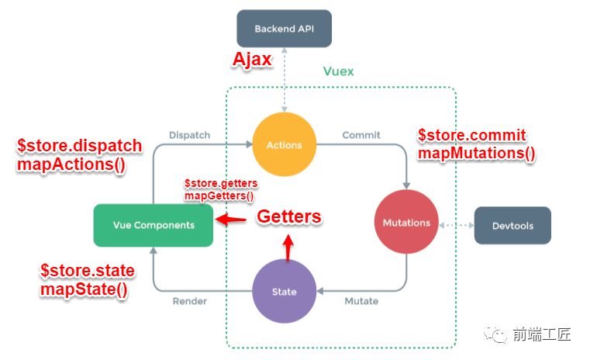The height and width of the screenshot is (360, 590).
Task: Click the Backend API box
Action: (284, 29)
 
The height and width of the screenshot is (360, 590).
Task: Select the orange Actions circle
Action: (283, 144)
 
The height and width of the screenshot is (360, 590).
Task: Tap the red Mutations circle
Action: (406, 223)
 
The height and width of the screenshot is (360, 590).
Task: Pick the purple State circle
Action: (284, 292)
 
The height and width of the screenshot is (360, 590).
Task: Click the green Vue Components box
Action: (153, 225)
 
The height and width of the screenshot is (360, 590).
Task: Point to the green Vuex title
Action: (338, 71)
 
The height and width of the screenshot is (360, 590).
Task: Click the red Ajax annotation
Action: (253, 61)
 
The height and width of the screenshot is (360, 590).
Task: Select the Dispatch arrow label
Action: (189, 135)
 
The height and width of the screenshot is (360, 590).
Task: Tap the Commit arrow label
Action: (361, 135)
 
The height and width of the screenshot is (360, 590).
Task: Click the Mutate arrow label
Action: (361, 301)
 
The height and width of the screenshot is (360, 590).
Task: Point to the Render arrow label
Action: (190, 301)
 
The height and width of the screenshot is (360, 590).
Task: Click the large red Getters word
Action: (288, 216)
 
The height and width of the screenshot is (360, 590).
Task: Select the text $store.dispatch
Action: (79, 146)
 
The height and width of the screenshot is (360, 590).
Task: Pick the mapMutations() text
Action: (476, 153)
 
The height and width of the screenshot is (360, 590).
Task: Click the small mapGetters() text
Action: (219, 196)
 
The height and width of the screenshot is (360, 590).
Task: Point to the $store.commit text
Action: (471, 135)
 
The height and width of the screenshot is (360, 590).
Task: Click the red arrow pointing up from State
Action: (288, 247)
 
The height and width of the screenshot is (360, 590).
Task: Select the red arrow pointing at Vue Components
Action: (232, 220)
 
